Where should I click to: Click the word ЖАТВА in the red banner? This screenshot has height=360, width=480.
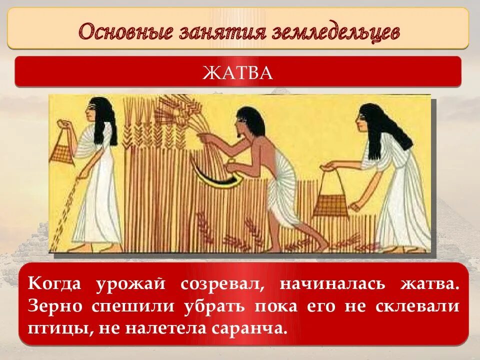[238, 73]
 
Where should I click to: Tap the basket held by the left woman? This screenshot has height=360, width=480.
[62, 149]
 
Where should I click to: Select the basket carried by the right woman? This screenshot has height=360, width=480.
[330, 203]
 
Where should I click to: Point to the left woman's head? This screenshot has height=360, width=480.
[98, 110]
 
